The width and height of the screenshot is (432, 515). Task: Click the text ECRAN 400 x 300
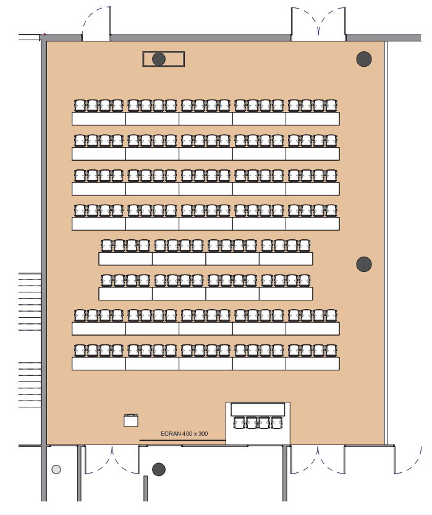click(x=184, y=433)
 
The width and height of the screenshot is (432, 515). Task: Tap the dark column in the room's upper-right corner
click(x=364, y=59)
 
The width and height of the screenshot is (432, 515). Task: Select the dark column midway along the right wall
click(x=364, y=264)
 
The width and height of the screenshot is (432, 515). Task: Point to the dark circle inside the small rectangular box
click(x=159, y=59)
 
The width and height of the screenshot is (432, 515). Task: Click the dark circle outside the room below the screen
click(x=159, y=469)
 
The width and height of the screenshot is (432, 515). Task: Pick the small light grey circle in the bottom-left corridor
click(x=56, y=469)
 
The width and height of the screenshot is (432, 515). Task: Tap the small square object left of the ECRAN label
click(x=131, y=420)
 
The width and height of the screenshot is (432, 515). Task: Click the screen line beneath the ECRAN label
click(x=182, y=440)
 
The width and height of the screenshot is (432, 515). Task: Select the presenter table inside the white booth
click(x=258, y=409)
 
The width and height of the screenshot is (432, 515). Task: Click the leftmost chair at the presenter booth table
click(x=239, y=423)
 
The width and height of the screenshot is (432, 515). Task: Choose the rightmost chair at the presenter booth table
click(x=276, y=423)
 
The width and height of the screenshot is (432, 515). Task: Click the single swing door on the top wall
click(x=96, y=23)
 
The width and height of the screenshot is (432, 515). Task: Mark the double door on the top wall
click(x=318, y=23)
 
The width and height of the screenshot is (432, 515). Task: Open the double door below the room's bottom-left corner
click(x=112, y=459)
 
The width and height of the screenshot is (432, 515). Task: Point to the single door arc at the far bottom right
click(x=408, y=459)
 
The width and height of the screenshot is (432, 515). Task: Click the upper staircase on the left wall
click(x=30, y=302)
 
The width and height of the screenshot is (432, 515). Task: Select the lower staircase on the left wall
click(x=30, y=385)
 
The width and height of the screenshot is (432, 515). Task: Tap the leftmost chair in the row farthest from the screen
click(x=80, y=106)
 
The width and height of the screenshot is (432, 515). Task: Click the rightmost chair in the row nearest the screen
click(x=331, y=351)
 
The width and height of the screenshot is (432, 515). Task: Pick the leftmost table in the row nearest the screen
click(x=99, y=364)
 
